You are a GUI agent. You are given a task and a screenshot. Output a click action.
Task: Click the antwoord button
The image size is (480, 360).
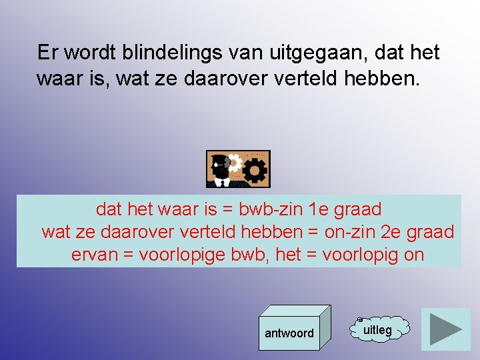[289, 333]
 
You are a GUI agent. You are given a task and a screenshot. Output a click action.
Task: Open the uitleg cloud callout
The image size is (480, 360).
[378, 329]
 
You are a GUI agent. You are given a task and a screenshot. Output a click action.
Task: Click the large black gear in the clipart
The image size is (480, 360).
[254, 171]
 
